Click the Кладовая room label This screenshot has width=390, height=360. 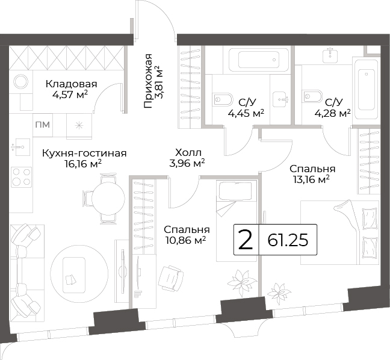(x=71, y=84)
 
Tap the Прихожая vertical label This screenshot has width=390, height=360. (x=148, y=81)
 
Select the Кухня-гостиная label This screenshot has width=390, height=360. (x=84, y=154)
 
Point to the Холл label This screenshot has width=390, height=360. (x=188, y=152)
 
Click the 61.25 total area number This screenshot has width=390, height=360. (x=288, y=240)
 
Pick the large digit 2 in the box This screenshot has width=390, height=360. (x=246, y=240)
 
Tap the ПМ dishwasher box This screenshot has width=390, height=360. (x=43, y=125)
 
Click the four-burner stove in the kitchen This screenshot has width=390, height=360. (x=22, y=177)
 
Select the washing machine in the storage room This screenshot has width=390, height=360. (x=21, y=82)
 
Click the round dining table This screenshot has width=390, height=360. (x=108, y=198)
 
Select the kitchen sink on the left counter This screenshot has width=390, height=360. (x=21, y=147)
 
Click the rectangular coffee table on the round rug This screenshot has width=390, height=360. (x=74, y=275)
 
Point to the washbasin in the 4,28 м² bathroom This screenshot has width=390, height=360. (x=330, y=55)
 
